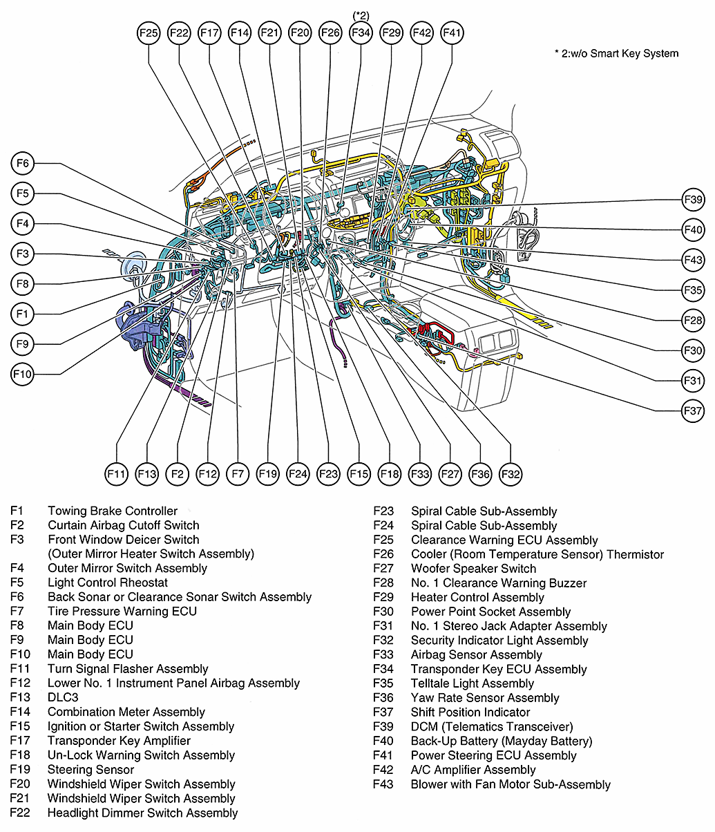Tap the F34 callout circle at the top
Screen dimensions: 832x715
[361, 32]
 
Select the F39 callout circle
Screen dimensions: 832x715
[693, 200]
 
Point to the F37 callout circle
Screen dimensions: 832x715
[693, 410]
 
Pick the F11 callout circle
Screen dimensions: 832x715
[117, 474]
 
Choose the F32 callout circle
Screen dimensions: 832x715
[510, 474]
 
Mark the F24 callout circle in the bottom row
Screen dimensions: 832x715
[298, 474]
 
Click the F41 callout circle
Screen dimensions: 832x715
[452, 32]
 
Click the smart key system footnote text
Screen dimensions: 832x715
[616, 53]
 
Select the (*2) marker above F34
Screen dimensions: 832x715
[361, 14]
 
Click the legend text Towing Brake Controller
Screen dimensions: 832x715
[113, 511]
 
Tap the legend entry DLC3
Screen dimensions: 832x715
[63, 698]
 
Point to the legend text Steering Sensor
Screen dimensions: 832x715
[90, 770]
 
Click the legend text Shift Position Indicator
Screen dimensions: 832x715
[470, 712]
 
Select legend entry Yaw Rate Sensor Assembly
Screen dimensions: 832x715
[484, 698]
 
